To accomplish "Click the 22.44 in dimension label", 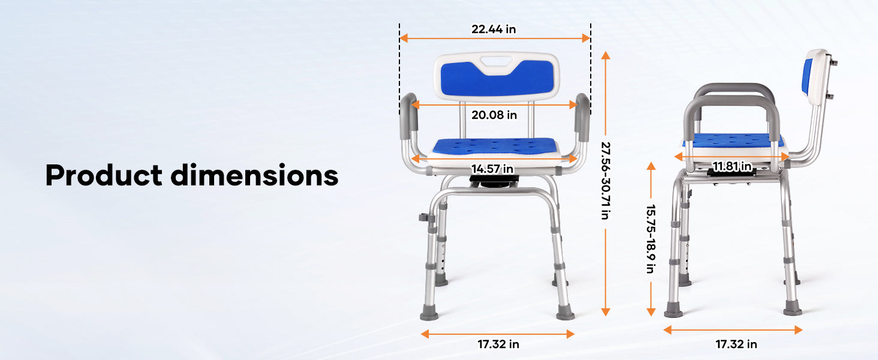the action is click(x=494, y=29).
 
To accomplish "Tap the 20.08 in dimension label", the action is click(x=494, y=115).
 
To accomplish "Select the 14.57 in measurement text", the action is click(x=492, y=169).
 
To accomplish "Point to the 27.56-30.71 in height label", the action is click(x=606, y=181).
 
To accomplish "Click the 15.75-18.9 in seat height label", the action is click(x=651, y=238).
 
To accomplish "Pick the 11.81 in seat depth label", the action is click(x=732, y=167).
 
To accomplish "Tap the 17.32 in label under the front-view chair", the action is click(x=498, y=344).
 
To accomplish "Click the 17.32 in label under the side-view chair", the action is click(x=736, y=344).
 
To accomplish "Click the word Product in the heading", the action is click(x=104, y=175).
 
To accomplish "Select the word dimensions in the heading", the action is click(x=254, y=175).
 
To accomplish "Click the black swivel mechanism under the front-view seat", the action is click(x=494, y=181).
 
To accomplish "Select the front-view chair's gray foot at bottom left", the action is click(x=429, y=314).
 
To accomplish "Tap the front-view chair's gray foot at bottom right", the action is click(x=565, y=314).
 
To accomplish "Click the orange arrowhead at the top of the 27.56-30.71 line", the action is click(x=606, y=55).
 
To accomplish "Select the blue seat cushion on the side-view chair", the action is click(x=733, y=140).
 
